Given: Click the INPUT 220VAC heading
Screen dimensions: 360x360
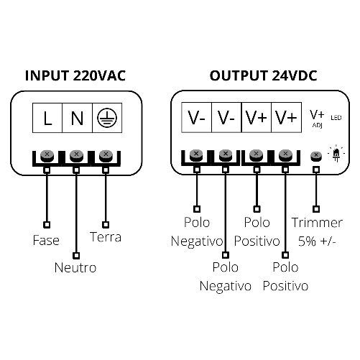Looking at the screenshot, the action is [75, 75].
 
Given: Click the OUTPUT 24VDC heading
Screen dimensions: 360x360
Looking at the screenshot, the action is [263, 75].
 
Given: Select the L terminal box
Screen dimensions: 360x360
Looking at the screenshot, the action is [47, 118].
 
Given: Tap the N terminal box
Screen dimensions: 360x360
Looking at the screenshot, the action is [78, 118].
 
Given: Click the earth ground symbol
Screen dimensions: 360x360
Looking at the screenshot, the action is [107, 118].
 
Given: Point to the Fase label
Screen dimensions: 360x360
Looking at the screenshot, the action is [46, 240].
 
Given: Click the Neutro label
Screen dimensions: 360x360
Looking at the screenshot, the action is [75, 267].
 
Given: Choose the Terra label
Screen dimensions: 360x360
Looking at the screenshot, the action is [106, 237].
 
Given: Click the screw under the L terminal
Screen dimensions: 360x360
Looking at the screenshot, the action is [47, 156].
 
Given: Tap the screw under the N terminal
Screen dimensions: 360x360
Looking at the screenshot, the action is [76, 156].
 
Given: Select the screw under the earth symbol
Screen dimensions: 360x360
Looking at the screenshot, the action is [106, 156].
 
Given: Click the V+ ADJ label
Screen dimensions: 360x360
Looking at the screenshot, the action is [317, 119].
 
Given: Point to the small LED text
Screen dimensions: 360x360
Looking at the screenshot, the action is [336, 118].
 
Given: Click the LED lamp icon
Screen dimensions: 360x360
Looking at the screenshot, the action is [336, 154].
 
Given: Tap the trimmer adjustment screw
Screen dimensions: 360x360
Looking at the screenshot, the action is [316, 156].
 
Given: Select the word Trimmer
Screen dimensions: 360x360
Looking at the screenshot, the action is [317, 223].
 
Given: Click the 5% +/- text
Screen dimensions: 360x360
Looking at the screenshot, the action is [317, 241].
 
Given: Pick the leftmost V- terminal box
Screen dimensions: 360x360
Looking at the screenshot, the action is [197, 117].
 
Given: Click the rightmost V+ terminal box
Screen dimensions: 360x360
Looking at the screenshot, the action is [287, 117].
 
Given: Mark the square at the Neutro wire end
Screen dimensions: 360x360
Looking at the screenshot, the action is [76, 255].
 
